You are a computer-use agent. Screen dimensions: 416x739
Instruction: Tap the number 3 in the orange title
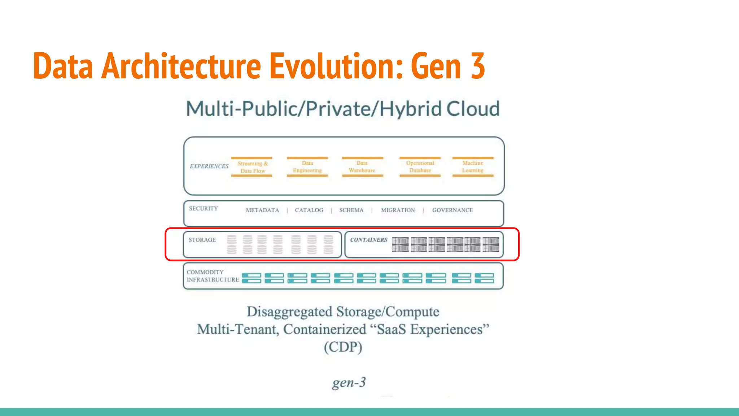coord(477,66)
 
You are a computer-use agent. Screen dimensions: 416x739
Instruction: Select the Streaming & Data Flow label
coord(253,167)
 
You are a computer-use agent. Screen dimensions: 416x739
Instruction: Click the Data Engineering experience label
coord(307,167)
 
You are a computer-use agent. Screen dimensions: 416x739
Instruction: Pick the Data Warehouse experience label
coord(362,167)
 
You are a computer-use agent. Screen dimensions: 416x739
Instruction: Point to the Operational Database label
coord(420,167)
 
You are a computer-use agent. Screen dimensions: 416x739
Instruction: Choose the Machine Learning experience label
coord(473,167)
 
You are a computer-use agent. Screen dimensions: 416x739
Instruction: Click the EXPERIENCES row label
coord(209,166)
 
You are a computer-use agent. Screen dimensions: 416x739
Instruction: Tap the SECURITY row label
coord(204,209)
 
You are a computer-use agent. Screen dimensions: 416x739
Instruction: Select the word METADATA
coord(262,210)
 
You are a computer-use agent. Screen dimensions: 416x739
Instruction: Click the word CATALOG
coord(309,210)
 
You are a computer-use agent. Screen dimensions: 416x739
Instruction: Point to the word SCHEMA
coord(351,210)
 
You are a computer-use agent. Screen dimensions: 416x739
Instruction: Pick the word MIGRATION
coord(398,210)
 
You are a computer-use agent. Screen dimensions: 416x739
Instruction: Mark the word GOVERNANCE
coord(452,210)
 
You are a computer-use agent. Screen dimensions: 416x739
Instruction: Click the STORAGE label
coord(202,240)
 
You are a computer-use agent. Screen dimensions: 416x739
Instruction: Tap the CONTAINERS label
coord(369,240)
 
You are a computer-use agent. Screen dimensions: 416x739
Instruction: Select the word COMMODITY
coord(205,272)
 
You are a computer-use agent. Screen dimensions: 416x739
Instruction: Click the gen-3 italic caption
coord(349,382)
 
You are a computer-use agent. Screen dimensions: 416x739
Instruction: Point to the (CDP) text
coord(343,347)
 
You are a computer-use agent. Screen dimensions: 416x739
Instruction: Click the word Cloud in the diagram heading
coord(473,109)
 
